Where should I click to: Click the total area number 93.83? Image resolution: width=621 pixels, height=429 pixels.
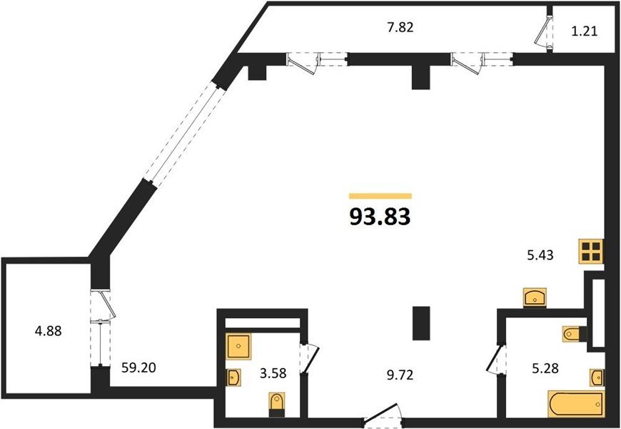click(380, 216)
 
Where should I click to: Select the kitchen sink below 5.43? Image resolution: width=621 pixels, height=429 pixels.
click(535, 296)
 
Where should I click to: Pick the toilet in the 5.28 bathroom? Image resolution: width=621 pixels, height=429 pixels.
click(574, 332)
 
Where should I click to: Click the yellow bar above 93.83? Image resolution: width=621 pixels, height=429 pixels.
click(380, 195)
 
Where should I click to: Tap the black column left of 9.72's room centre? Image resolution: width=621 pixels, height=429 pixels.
click(421, 323)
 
